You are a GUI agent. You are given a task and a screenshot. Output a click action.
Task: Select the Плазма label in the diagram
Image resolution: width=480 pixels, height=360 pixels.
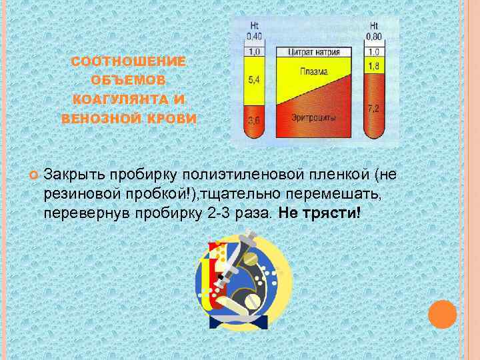[313, 72]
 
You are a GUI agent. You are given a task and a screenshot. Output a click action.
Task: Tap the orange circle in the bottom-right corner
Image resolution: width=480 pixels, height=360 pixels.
[442, 314]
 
